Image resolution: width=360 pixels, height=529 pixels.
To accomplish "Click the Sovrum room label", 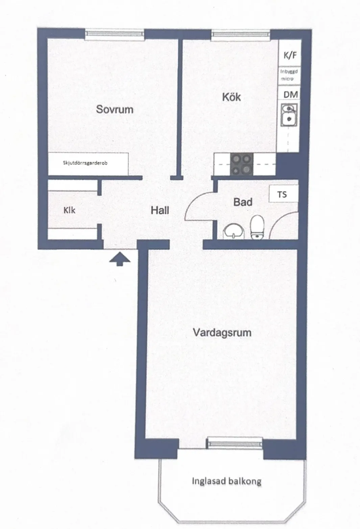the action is coord(114,109).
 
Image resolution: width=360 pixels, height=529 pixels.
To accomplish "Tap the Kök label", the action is coord(232,97).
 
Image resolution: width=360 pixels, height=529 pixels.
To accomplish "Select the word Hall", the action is coord(160,210).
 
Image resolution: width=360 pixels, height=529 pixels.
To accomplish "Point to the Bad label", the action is coord(243,202).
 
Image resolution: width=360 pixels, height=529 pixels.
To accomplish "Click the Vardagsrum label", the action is coord(222,333).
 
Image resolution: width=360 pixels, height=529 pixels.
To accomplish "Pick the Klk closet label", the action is coord(69,210).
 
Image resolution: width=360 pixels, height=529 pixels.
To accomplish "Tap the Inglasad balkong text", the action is coord(226,481).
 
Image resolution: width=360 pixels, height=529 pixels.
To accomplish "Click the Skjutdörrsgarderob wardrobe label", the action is coord(85,163).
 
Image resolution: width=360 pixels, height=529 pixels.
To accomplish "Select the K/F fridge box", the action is coord(290,53).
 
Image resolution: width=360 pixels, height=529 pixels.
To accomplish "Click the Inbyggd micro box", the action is coord(289,75).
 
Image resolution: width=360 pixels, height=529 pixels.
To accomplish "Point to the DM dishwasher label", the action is coord(290,95).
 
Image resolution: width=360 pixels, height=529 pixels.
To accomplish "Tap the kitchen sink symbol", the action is coord(289,115).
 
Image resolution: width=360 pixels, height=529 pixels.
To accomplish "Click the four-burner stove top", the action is coord(242,165).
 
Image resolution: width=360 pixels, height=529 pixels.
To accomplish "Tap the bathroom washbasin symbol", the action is coord(233,231).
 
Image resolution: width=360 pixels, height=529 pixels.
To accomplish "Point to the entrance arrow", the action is coord(120,259).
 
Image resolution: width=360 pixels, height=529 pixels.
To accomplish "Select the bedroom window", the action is coord(114,34).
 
